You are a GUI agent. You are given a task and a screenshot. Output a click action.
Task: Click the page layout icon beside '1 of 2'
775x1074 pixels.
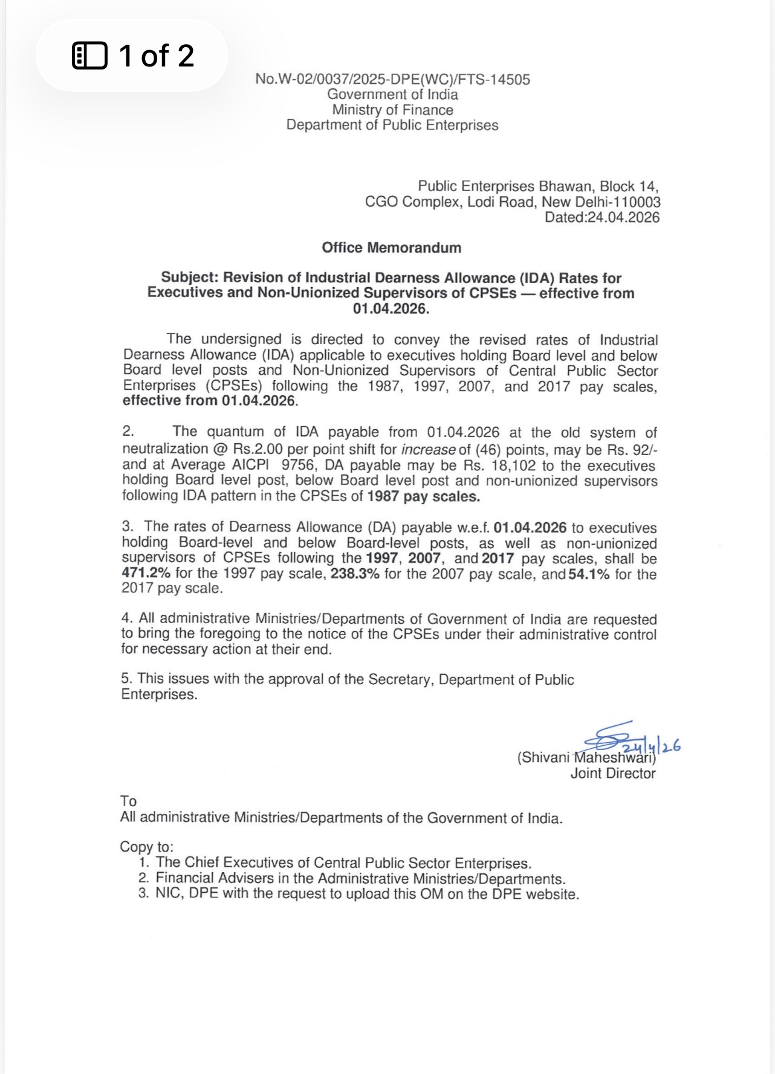[x=89, y=56]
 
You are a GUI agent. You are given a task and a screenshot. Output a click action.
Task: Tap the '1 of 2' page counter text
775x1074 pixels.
[x=156, y=56]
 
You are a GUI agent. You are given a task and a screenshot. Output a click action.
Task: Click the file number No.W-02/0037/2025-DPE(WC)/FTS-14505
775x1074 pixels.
[x=392, y=79]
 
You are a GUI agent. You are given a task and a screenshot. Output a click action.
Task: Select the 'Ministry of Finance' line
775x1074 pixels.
[x=392, y=110]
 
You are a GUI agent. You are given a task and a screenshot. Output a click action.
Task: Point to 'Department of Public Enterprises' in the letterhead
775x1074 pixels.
[x=392, y=125]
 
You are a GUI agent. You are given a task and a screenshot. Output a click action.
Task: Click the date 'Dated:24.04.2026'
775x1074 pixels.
[x=602, y=218]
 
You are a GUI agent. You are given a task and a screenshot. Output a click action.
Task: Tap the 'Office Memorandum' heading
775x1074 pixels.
[x=391, y=248]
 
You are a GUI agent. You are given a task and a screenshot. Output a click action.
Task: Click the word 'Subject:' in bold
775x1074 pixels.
[x=190, y=278]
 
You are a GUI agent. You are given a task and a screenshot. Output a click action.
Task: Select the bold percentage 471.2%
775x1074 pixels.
[x=146, y=574]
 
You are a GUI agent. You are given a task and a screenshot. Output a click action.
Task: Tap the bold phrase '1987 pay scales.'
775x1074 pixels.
[x=423, y=497]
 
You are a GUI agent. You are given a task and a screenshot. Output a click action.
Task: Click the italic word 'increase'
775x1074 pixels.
[x=428, y=450]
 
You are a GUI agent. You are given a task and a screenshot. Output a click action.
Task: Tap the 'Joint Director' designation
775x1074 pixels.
[x=613, y=774]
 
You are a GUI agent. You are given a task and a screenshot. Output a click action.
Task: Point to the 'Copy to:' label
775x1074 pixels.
[x=146, y=847]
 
